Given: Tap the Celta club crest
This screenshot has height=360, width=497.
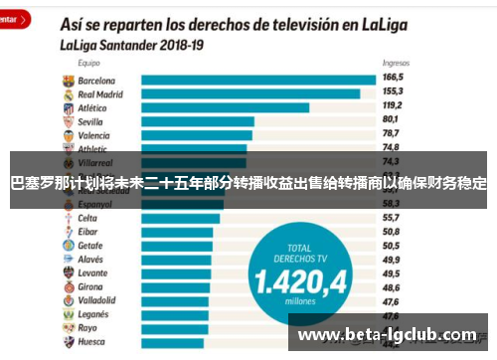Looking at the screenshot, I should [x=67, y=218].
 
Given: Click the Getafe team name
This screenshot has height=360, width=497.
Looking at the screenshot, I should [x=90, y=245].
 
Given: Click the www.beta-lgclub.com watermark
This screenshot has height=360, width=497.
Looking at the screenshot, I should [x=388, y=335].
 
